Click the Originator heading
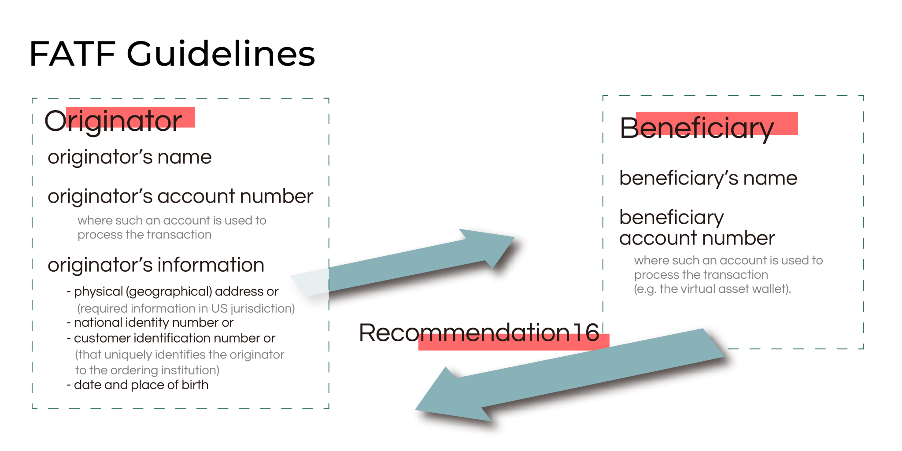click(113, 120)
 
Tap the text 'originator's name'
click(129, 157)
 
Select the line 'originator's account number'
click(180, 196)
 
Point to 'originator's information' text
click(156, 265)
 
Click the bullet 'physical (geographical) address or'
click(176, 292)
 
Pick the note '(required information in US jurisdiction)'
click(186, 308)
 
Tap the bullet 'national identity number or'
click(153, 323)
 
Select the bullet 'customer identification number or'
click(174, 338)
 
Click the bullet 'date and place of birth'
click(141, 385)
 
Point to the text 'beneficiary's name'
click(708, 178)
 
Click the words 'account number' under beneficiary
click(697, 238)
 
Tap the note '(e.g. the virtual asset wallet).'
click(712, 289)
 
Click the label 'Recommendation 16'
click(479, 333)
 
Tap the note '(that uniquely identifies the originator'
click(179, 355)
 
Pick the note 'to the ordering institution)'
click(147, 370)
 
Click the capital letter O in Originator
click(55, 121)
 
